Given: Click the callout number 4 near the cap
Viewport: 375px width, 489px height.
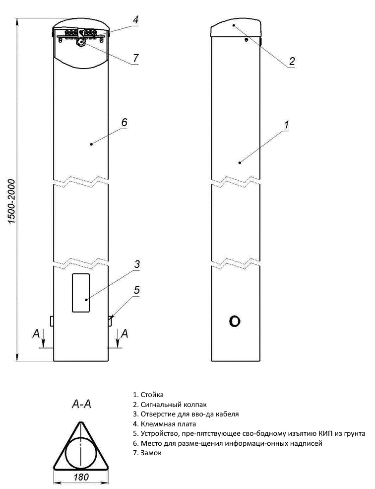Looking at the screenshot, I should (135, 20).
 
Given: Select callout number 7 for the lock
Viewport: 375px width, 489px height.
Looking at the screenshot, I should (135, 58).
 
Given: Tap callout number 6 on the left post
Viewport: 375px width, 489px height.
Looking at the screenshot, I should (124, 122).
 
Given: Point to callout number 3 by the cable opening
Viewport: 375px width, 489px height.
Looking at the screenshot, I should (137, 264).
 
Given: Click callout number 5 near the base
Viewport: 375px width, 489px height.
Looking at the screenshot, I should (137, 290).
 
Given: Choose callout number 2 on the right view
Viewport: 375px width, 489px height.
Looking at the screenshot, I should (292, 61).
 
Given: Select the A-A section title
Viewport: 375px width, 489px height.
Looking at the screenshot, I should (81, 405).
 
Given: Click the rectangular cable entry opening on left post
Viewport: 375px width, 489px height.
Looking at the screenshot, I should (80, 293).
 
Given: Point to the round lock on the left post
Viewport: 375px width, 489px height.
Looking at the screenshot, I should (80, 43).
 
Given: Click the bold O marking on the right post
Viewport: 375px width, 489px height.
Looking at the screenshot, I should (235, 322).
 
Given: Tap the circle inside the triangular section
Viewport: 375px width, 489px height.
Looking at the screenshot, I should (80, 453).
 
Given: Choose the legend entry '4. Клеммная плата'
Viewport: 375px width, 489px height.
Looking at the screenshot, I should (164, 424).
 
